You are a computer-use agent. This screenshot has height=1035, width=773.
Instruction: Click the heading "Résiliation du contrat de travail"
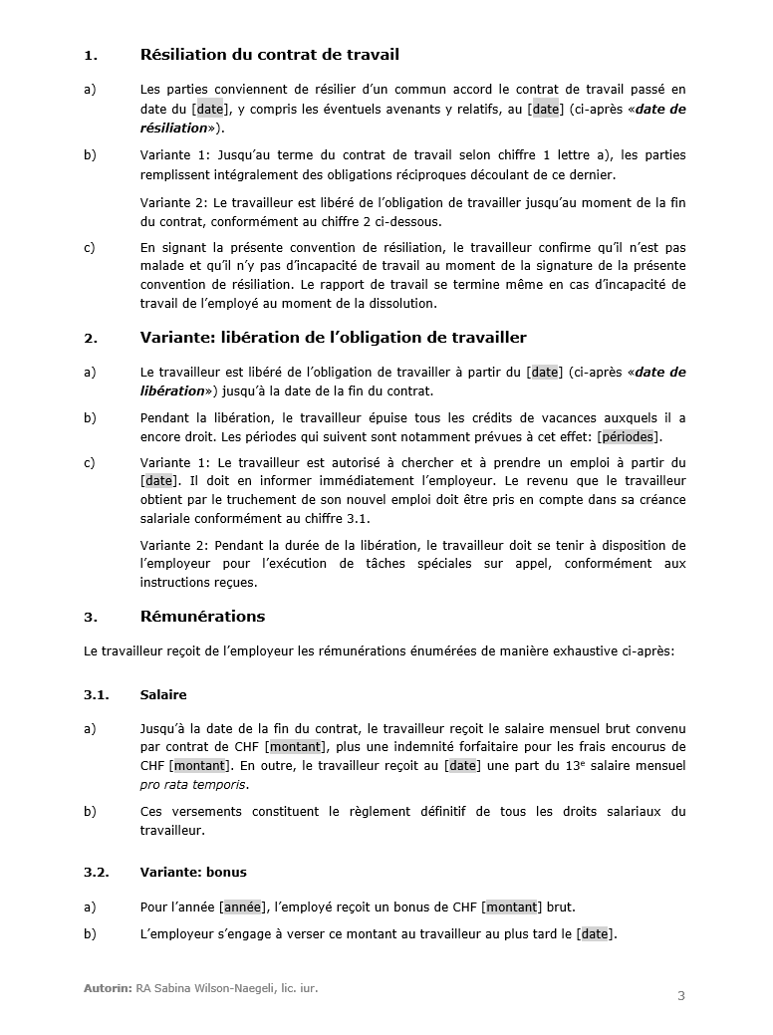coord(270,55)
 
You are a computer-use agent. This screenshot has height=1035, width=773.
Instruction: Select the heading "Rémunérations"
coord(202,617)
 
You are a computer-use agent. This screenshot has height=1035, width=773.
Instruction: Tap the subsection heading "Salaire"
coord(163,694)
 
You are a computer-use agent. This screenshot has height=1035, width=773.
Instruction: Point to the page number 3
coord(681,995)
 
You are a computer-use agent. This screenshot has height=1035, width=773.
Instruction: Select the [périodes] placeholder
coord(630,437)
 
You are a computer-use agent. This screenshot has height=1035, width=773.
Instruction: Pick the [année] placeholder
coord(243,906)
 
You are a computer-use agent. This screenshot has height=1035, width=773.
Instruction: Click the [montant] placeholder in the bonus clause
coord(512,906)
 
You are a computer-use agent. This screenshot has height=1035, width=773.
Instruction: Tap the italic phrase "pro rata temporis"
coord(194,784)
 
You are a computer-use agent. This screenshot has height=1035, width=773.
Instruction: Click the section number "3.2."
coord(97,872)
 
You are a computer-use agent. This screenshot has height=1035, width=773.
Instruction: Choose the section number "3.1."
coord(97,694)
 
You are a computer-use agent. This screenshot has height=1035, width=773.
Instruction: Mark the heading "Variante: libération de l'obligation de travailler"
coord(334,338)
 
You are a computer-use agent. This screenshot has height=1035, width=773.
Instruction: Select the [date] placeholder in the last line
coord(595,933)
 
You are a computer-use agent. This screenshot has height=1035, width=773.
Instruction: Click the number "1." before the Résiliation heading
coord(90,56)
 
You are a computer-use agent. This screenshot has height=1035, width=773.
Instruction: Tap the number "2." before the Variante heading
coord(90,339)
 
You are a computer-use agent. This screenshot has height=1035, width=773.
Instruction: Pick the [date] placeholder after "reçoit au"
coord(462,765)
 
